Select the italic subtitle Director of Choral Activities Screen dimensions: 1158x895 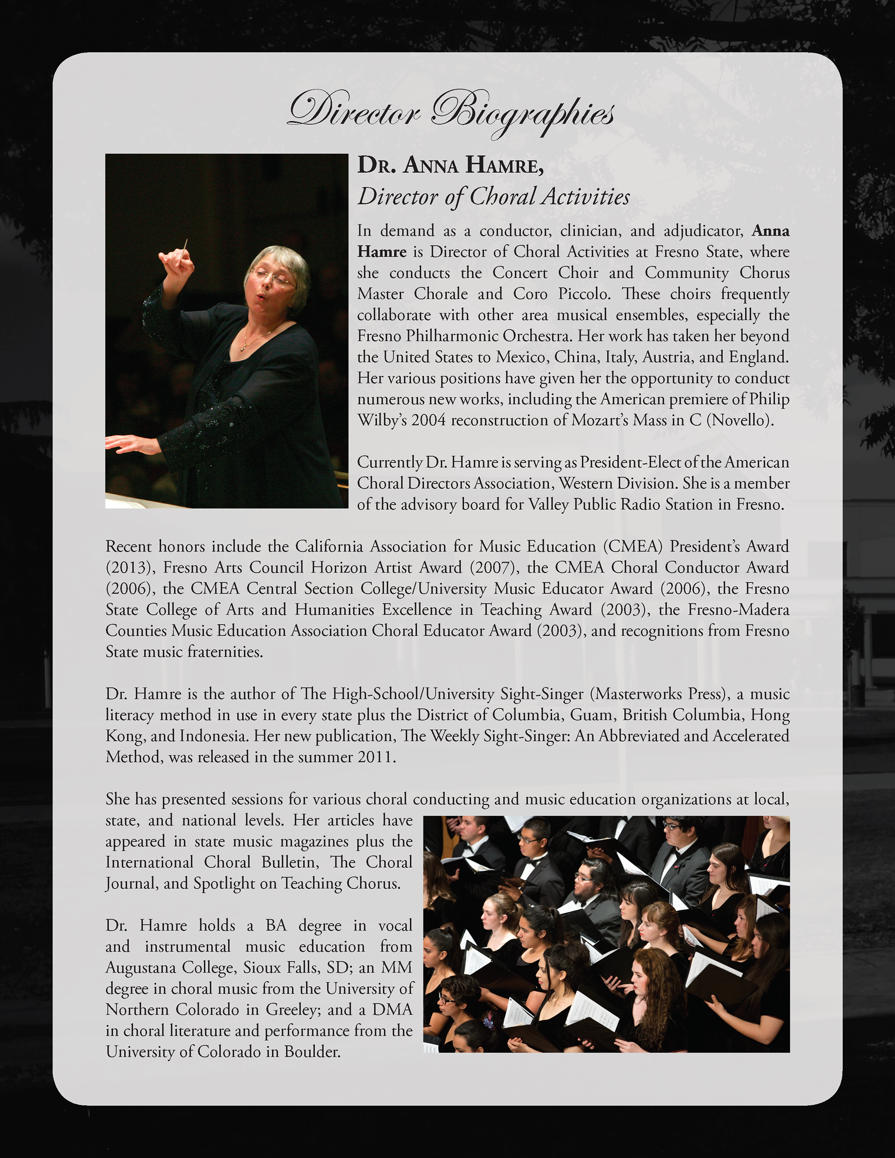493,197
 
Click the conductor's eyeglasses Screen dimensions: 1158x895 272,277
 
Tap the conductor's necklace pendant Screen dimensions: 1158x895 243,348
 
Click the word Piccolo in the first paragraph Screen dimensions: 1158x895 583,294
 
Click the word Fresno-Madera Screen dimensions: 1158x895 738,610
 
